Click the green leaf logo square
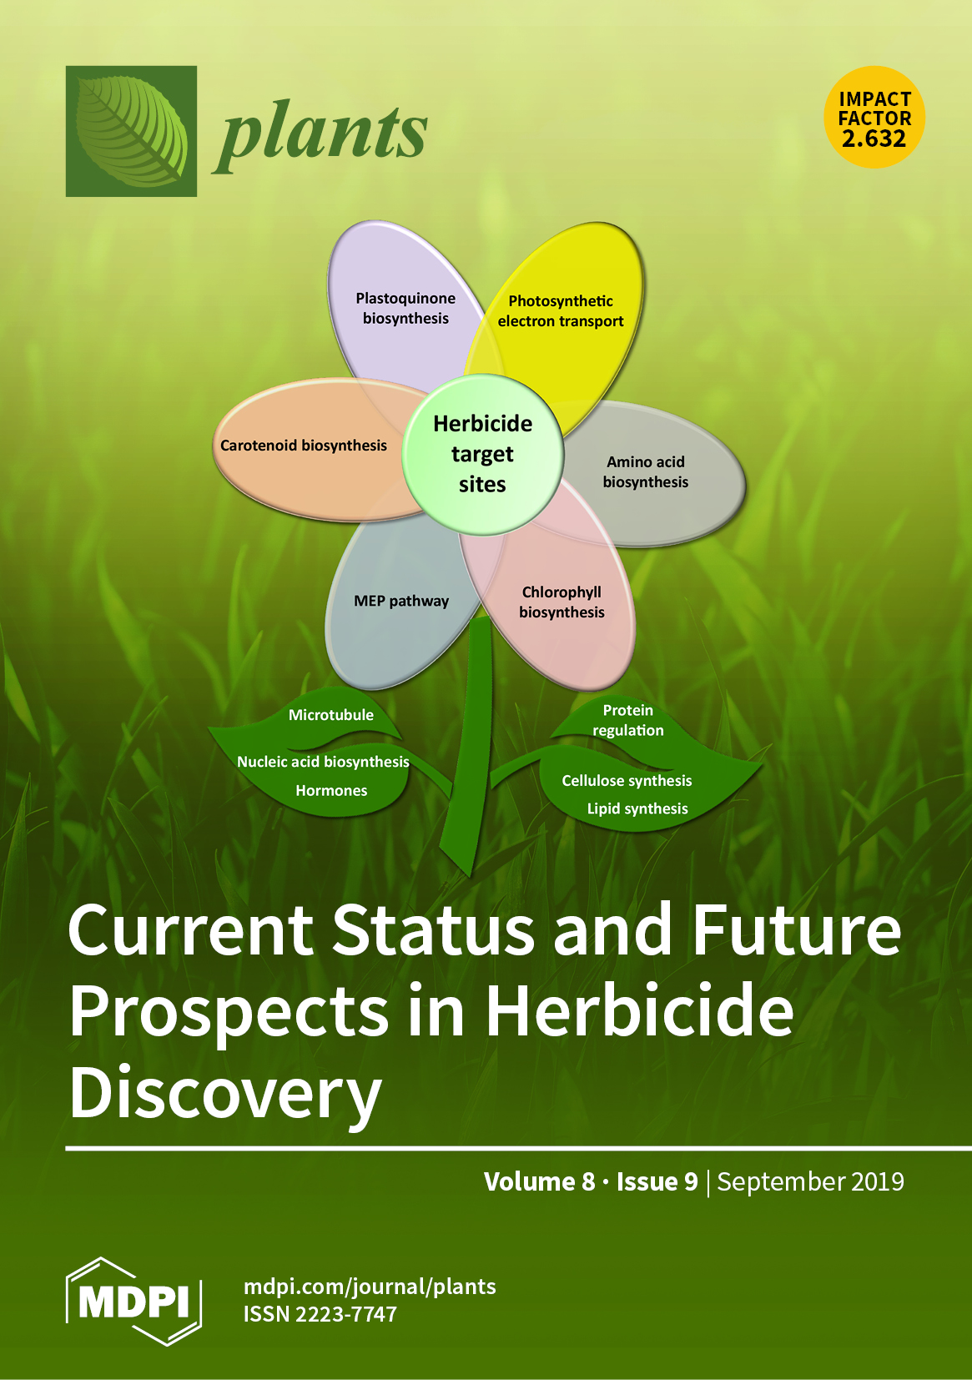131,131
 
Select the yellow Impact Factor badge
874,117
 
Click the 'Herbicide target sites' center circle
483,454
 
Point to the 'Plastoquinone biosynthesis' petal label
405,308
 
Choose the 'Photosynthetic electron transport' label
561,310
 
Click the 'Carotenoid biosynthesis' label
304,446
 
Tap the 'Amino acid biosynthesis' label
646,471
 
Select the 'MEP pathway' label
401,601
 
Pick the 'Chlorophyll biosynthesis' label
562,602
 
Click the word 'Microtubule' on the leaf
331,715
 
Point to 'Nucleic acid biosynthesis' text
324,762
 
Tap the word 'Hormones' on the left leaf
331,790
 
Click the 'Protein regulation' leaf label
628,720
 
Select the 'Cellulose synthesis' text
627,781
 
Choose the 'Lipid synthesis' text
637,808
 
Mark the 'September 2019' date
811,1181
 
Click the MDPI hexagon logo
133,1300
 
